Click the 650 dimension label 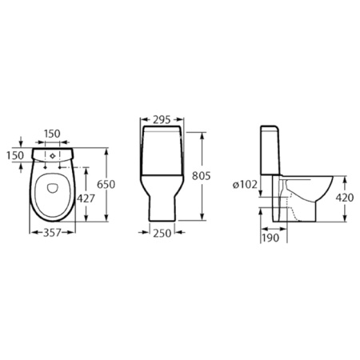click(x=106, y=184)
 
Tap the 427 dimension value click(x=86, y=198)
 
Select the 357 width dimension click(x=52, y=233)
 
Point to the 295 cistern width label click(x=162, y=120)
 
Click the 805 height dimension click(x=202, y=176)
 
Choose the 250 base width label click(x=162, y=233)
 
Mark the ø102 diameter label click(x=245, y=184)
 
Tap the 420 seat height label click(x=345, y=198)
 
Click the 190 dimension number click(x=270, y=238)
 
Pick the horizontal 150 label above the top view click(x=52, y=134)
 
